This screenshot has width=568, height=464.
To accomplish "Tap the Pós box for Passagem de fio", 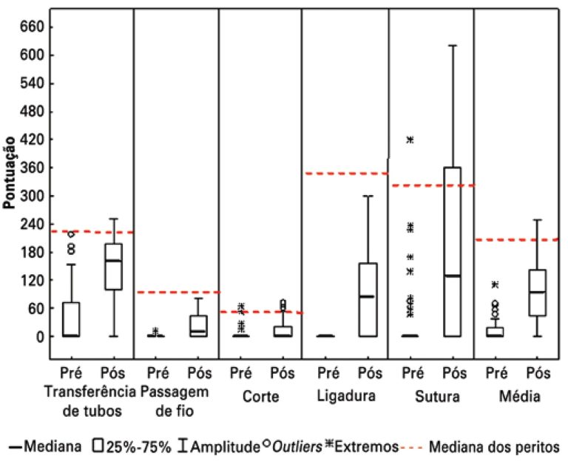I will (x=198, y=326).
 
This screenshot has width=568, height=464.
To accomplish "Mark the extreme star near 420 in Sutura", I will (x=410, y=140).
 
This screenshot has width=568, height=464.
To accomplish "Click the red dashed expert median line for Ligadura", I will (x=345, y=174).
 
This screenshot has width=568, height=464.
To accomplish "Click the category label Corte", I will (x=260, y=397).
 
